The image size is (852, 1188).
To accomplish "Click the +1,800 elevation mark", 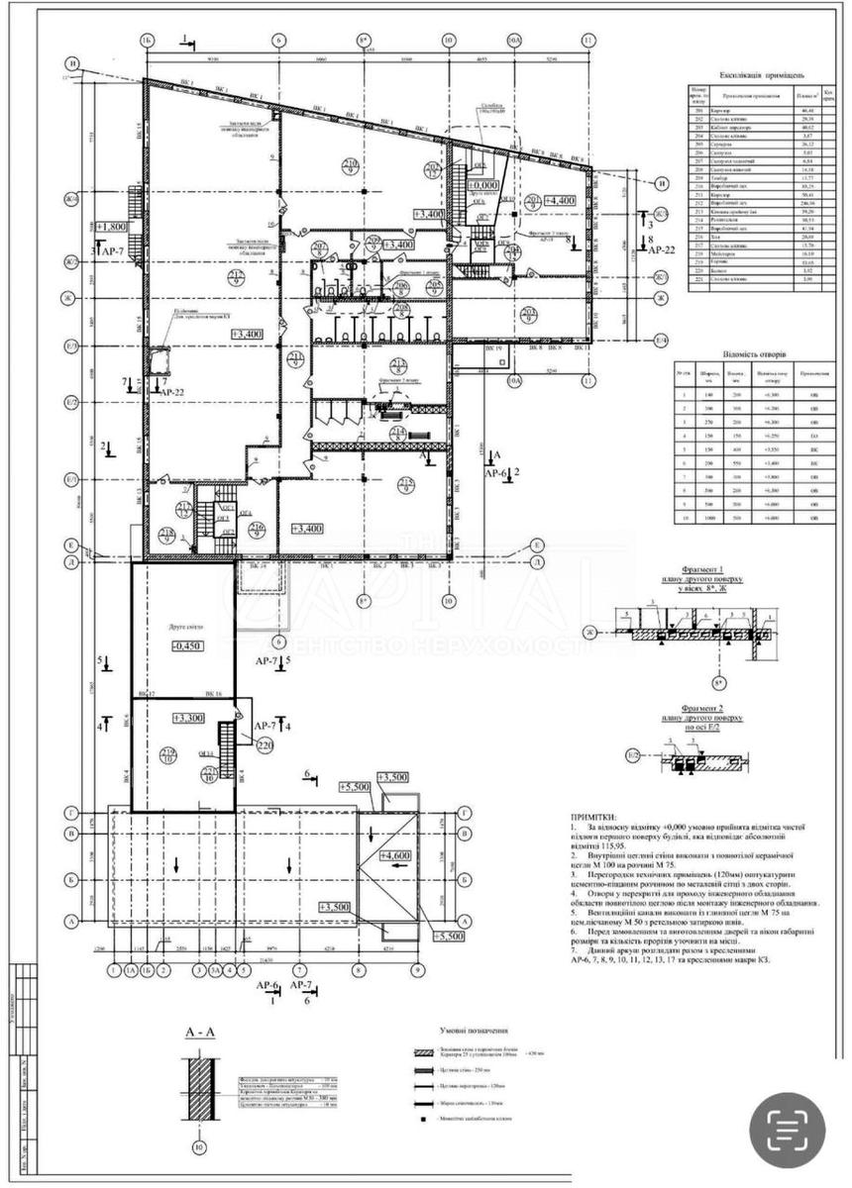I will [111, 226].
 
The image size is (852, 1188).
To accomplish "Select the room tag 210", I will [294, 357].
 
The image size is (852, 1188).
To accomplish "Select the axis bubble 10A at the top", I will [513, 41].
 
